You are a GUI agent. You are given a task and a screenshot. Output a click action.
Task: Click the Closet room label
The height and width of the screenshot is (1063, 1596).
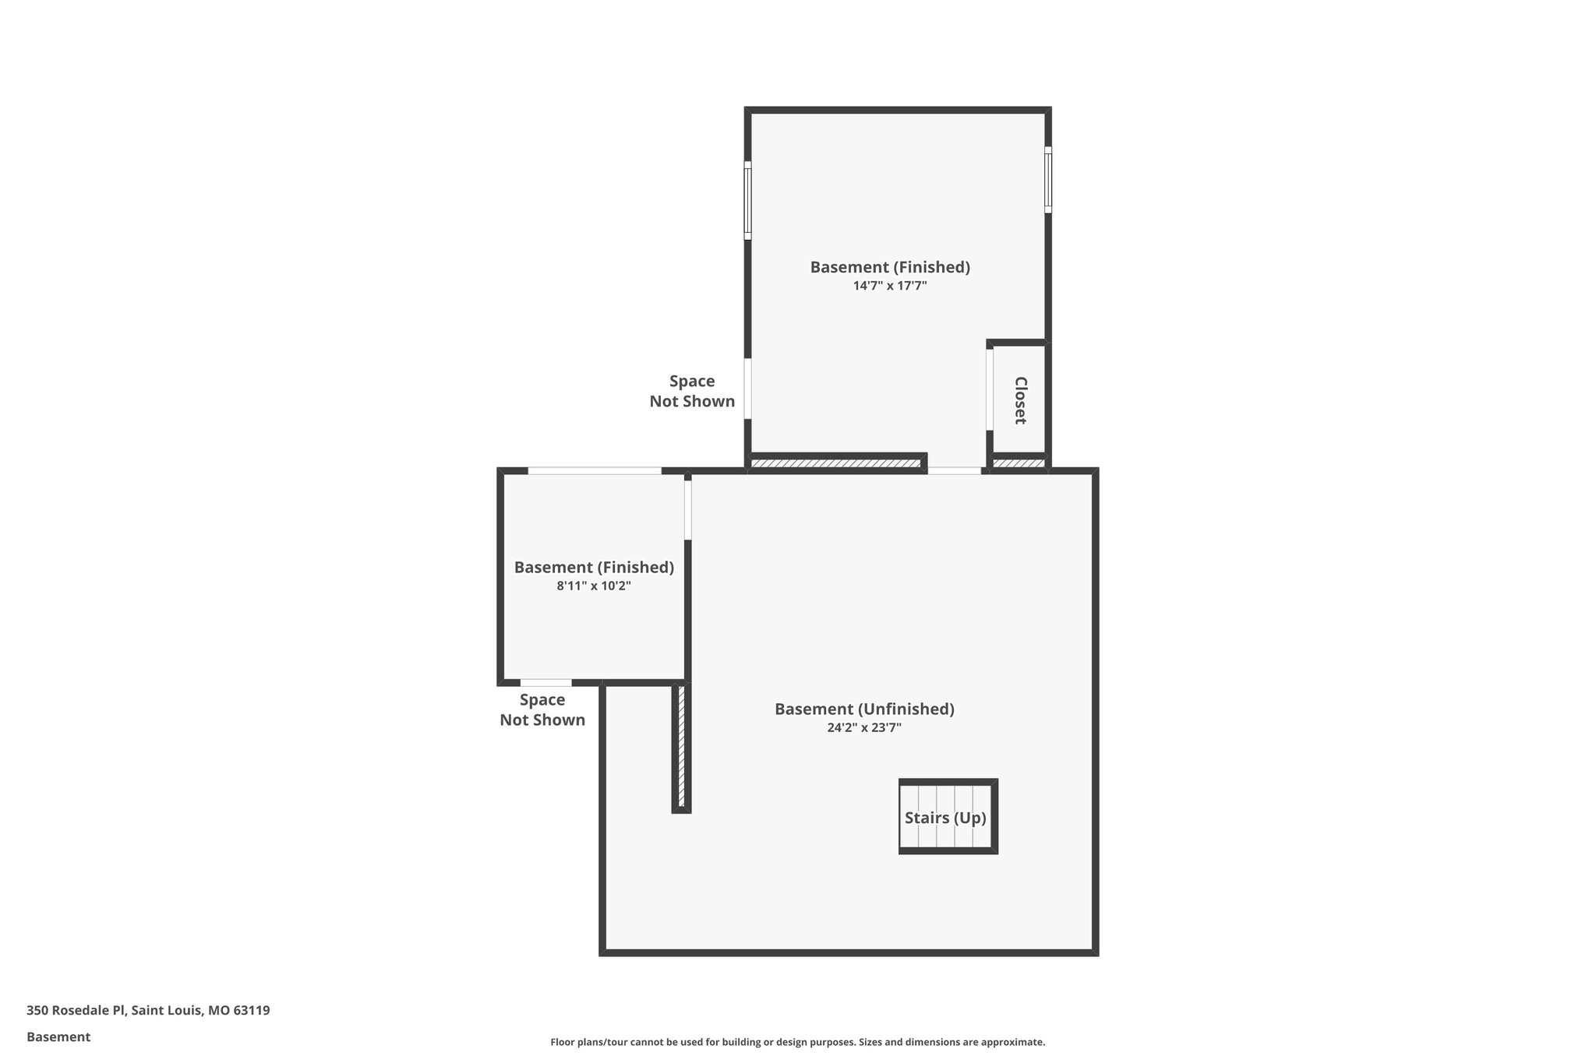pyautogui.click(x=1020, y=400)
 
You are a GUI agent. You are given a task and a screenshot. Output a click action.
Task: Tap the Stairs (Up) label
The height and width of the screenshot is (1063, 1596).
pyautogui.click(x=945, y=818)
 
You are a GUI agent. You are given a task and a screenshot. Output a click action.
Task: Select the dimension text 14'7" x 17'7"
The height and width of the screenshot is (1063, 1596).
pyautogui.click(x=890, y=286)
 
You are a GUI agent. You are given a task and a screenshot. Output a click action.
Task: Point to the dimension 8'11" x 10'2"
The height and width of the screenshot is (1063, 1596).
pyautogui.click(x=594, y=586)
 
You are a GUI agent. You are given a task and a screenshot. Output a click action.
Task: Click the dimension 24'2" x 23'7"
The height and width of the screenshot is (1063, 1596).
pyautogui.click(x=864, y=728)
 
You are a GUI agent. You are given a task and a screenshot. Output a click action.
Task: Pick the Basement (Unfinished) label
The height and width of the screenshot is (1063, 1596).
pyautogui.click(x=864, y=709)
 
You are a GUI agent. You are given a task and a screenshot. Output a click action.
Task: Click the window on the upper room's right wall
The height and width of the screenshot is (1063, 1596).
pyautogui.click(x=1048, y=179)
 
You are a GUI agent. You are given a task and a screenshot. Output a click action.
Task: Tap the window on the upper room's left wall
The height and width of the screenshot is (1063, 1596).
pyautogui.click(x=747, y=200)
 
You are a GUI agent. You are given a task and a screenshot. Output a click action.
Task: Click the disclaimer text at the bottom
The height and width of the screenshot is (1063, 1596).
pyautogui.click(x=797, y=1042)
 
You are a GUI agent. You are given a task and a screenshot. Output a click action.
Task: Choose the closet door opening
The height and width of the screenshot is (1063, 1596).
pyautogui.click(x=990, y=389)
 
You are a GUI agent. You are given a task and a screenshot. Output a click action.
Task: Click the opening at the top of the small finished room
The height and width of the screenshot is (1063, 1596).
pyautogui.click(x=595, y=470)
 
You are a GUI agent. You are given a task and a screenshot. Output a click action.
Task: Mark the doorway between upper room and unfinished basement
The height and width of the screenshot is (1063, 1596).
pyautogui.click(x=955, y=470)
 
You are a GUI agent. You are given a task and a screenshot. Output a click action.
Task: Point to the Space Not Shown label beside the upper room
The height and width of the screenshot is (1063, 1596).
pyautogui.click(x=692, y=391)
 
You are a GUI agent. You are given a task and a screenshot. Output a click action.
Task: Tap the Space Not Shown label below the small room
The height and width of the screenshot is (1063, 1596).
pyautogui.click(x=542, y=709)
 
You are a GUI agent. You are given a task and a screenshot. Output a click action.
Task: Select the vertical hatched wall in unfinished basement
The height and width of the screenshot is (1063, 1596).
pyautogui.click(x=681, y=748)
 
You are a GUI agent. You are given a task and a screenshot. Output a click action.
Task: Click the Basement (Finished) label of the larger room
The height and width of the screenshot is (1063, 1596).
pyautogui.click(x=890, y=267)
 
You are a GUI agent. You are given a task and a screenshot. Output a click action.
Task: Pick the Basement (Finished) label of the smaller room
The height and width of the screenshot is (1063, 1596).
pyautogui.click(x=594, y=567)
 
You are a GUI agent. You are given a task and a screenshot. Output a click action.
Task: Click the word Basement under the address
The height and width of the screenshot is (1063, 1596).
pyautogui.click(x=58, y=1037)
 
